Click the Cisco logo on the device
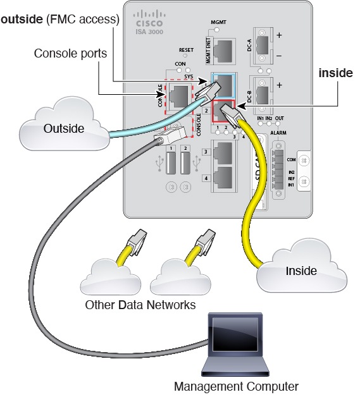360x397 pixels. pos(149,18)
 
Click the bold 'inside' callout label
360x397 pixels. pos(335,73)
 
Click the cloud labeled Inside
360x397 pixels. pos(301,271)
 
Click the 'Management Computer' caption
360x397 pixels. pos(235,385)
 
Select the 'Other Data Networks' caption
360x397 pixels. pos(140,305)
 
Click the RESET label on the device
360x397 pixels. pos(186,49)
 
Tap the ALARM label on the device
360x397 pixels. pos(278,133)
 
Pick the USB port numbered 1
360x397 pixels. pos(171,163)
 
